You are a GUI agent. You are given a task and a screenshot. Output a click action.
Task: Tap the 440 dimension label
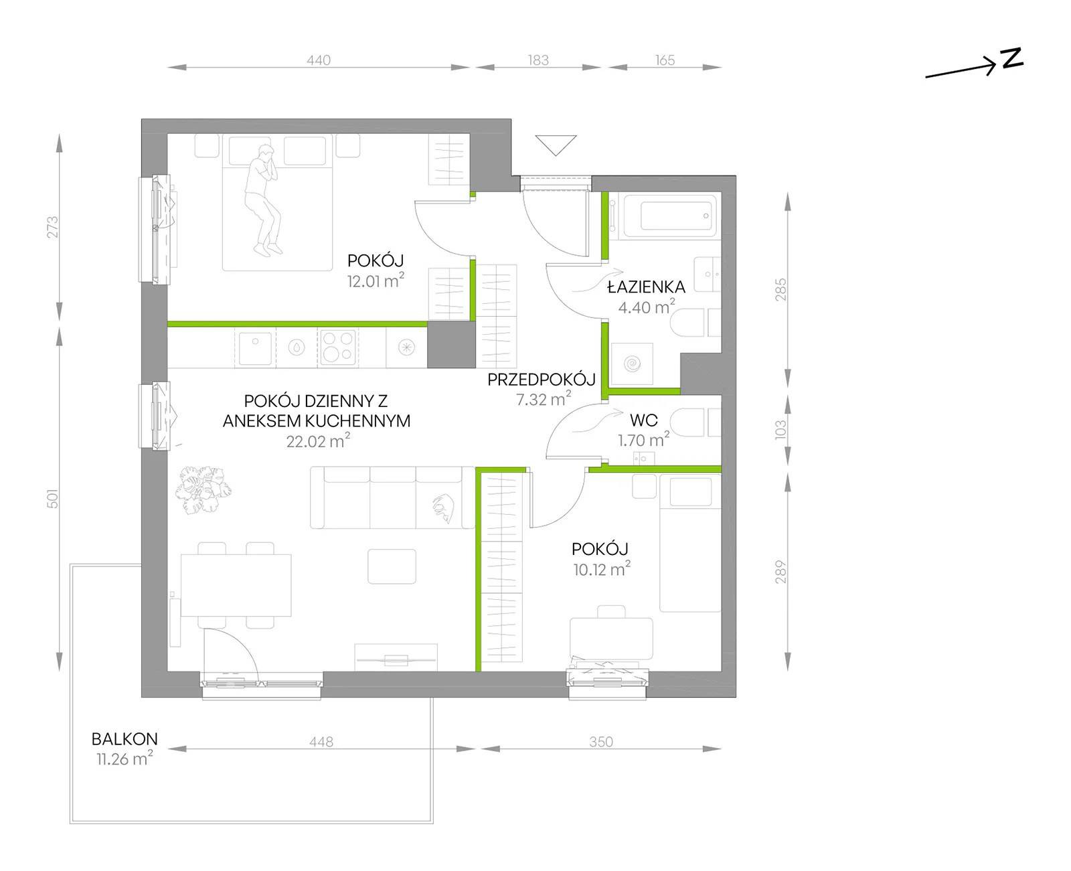(x=318, y=60)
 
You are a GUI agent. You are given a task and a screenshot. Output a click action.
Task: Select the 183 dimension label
(x=538, y=60)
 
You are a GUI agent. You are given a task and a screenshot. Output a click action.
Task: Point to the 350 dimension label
(x=601, y=742)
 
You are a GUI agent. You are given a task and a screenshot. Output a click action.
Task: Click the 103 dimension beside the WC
(x=780, y=429)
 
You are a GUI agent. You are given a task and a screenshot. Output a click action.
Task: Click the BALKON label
(x=125, y=738)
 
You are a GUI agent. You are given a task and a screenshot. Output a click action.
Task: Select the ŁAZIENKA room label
(x=646, y=287)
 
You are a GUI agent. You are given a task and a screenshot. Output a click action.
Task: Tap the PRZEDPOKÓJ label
(x=542, y=380)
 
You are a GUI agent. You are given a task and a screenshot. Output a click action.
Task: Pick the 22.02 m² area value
(x=318, y=441)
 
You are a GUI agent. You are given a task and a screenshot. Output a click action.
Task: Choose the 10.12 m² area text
(x=601, y=569)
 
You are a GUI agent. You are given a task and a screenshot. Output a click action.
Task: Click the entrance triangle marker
(x=556, y=145)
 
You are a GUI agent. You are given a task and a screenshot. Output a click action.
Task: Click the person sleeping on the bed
(x=262, y=200)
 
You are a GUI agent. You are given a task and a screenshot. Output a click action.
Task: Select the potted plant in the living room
(x=203, y=490)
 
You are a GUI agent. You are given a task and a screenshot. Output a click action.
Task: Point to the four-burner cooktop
(x=337, y=347)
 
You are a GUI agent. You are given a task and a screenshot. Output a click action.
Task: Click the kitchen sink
(x=255, y=347)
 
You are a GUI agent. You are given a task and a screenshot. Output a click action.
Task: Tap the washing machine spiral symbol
(x=632, y=364)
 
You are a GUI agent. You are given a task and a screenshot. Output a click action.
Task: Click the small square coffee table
(x=392, y=566)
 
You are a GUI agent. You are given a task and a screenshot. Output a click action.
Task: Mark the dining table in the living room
(x=236, y=585)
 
